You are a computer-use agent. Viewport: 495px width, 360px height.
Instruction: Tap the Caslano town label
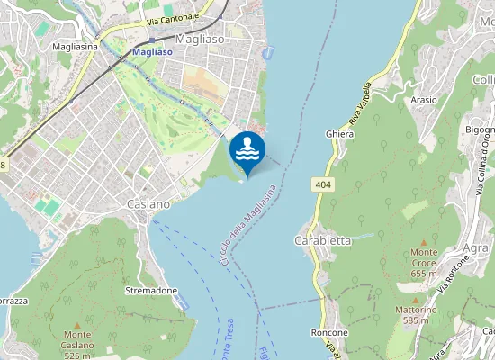(x=148, y=204)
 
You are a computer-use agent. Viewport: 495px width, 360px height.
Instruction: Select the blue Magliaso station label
(x=152, y=52)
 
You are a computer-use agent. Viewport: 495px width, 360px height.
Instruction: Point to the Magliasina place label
(x=75, y=45)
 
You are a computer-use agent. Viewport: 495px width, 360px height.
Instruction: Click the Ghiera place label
(x=339, y=133)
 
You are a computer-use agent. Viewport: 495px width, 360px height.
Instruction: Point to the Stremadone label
(x=151, y=291)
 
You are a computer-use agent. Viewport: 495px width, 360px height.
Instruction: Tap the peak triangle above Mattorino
(x=415, y=299)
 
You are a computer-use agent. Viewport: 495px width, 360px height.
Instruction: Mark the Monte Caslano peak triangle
(x=76, y=324)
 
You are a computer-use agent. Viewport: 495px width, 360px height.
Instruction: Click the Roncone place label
(x=329, y=332)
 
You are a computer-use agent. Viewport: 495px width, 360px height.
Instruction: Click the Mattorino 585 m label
(x=415, y=314)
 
